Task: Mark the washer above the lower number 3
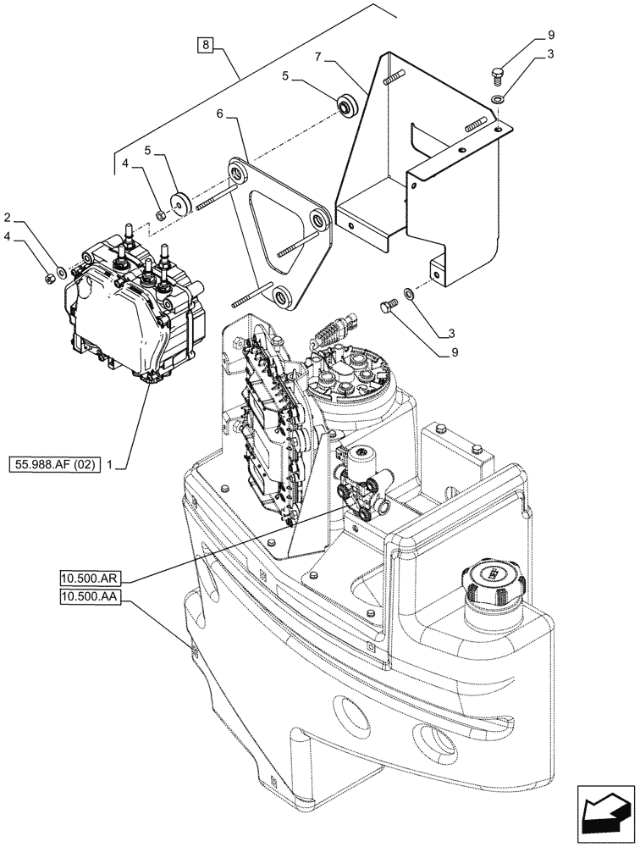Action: point(410,293)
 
